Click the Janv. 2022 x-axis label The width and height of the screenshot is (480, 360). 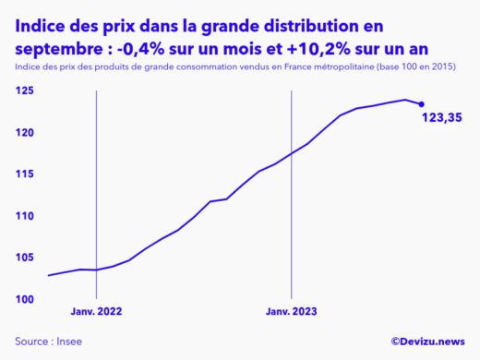pos(97,312)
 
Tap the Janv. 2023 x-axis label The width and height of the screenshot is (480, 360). pos(292,312)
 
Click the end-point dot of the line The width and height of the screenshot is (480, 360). pos(422,103)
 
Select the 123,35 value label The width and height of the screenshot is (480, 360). pos(441,118)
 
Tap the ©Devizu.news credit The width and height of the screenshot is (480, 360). pos(427,341)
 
